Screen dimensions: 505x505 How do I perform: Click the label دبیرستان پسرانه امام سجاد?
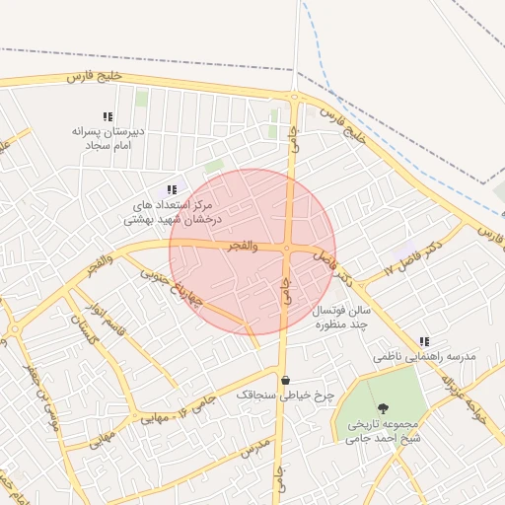click(108, 137)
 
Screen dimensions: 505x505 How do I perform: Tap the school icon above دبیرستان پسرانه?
click(108, 116)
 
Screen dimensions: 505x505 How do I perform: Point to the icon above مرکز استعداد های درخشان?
click(172, 189)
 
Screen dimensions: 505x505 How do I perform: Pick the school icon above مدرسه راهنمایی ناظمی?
click(424, 341)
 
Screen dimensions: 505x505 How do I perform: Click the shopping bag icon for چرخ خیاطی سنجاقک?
click(285, 380)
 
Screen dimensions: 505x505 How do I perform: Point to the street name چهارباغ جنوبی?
click(169, 286)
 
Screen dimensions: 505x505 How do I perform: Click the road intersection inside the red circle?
click(286, 249)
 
